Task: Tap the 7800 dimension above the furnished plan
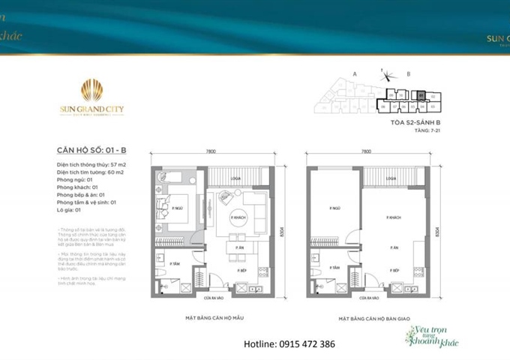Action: tap(211, 151)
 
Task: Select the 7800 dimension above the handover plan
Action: tap(367, 151)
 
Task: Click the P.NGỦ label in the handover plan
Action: tap(325, 208)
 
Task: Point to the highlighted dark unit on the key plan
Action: tap(421, 95)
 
